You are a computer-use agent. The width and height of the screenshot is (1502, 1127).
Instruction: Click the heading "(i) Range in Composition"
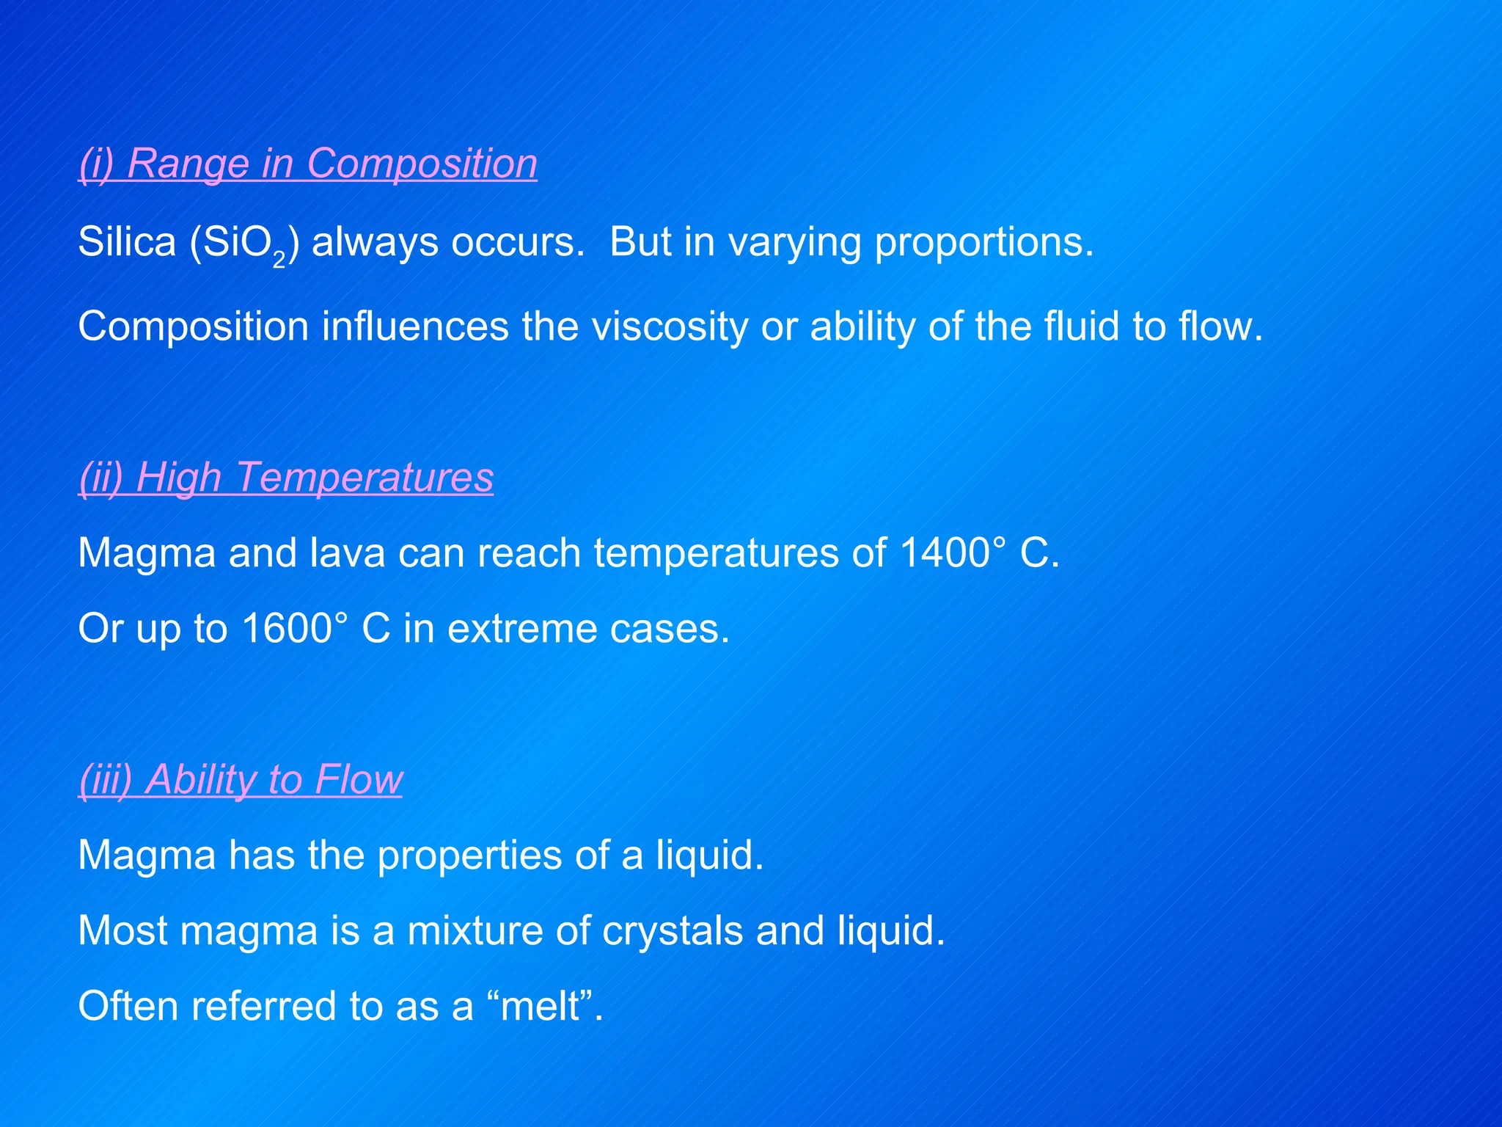pos(308,163)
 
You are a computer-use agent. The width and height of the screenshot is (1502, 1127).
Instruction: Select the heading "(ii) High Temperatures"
pos(286,478)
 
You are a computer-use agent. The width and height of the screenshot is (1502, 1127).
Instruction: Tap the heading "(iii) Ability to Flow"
pos(241,779)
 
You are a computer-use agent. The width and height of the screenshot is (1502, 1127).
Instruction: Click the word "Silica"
pos(127,241)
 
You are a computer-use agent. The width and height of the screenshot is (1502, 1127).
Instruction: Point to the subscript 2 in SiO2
pos(279,260)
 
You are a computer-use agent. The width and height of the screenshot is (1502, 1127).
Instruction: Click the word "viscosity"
pos(669,327)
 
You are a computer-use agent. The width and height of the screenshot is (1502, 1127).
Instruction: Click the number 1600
pos(287,629)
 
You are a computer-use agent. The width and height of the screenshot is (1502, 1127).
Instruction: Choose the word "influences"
pos(415,327)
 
